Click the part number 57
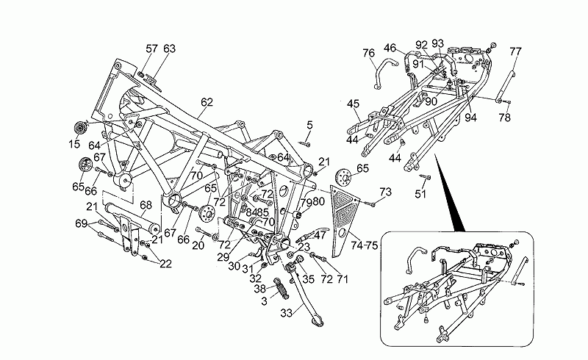point(151,49)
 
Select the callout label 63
point(170,49)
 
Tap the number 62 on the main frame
point(207,102)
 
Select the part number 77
point(515,51)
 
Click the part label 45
point(353,104)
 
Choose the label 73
point(385,192)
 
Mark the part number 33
point(285,312)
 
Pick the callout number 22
point(166,264)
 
